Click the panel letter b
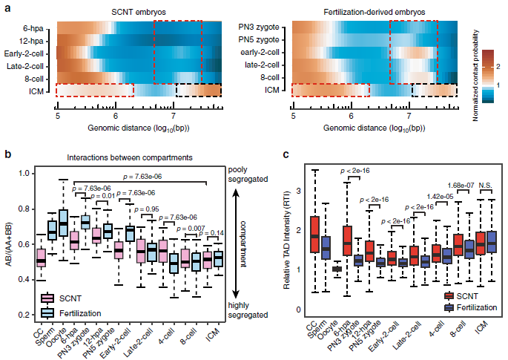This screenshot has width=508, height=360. click(7, 155)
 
